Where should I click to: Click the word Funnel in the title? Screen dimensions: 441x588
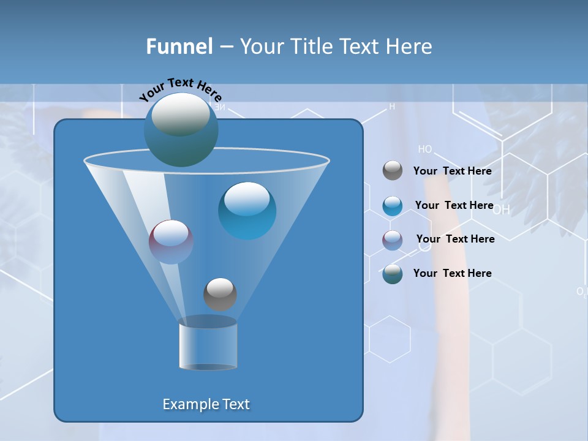point(179,47)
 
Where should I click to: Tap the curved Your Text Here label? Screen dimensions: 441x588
point(180,89)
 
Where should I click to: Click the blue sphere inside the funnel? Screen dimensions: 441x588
point(247,210)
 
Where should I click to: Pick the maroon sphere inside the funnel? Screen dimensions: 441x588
point(171,241)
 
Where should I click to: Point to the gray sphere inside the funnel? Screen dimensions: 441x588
point(220,294)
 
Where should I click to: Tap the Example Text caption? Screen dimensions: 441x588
point(206,404)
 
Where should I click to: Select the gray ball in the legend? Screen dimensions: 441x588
point(393,171)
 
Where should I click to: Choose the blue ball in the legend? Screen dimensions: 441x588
point(393,206)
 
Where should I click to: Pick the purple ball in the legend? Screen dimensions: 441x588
point(393,240)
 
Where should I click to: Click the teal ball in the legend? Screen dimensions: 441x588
point(393,274)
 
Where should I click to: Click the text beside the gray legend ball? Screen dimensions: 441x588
point(452,171)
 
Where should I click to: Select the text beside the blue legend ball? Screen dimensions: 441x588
point(454,205)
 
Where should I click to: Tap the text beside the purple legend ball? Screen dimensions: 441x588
point(455,239)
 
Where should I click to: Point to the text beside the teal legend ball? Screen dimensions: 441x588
point(452,273)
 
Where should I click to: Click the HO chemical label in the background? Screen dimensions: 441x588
point(425,149)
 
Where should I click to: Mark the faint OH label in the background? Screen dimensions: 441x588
point(501,210)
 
